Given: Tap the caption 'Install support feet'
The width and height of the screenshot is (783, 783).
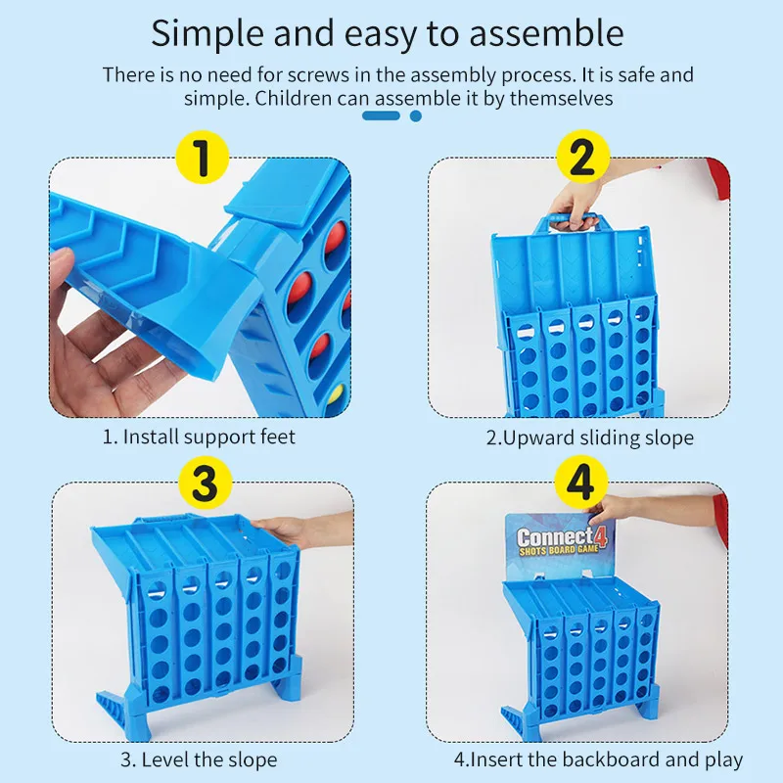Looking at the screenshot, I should point(208,437).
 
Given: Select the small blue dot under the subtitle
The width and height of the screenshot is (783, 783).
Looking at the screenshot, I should point(415,115).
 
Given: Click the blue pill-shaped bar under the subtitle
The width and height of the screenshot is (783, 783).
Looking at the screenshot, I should point(381,115).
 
